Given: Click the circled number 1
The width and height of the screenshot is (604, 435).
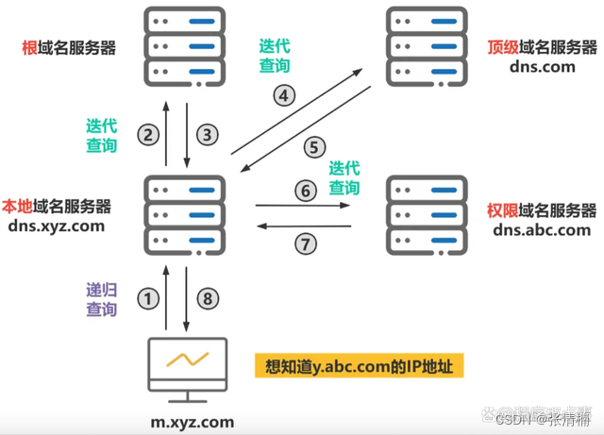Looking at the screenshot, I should coord(147,299).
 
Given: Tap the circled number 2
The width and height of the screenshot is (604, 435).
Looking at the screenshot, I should coord(147,135).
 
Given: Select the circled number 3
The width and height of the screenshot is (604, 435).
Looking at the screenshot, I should coord(209,135).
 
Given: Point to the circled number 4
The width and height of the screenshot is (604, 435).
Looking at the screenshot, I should coord(285,94).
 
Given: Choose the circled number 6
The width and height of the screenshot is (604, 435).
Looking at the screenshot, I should coord(304,191).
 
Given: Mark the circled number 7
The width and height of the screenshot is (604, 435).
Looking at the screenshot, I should coord(304,244).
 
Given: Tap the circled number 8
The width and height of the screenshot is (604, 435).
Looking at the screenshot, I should coord(209,299).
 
